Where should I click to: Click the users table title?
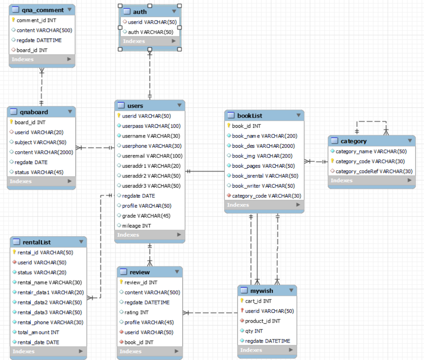[135, 106]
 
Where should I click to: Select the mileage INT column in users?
[136, 226]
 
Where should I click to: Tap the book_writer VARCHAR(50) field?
[263, 186]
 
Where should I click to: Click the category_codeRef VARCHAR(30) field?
[374, 171]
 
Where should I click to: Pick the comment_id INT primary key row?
[36, 20]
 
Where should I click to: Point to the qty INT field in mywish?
[254, 331]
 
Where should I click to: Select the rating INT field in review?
[136, 312]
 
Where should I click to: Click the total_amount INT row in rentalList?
[38, 332]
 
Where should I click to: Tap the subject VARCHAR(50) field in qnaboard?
[40, 142]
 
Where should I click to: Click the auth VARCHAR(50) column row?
[150, 32]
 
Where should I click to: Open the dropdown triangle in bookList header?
[298, 115]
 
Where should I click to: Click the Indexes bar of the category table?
[371, 180]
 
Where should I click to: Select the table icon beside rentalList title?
[16, 242]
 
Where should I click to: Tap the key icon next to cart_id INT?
[242, 300]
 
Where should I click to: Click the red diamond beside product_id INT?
[242, 321]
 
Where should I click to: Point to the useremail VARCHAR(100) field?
[152, 156]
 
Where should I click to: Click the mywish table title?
[261, 291]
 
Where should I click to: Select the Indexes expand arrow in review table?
[177, 351]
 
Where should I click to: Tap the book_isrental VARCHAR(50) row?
[265, 176]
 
